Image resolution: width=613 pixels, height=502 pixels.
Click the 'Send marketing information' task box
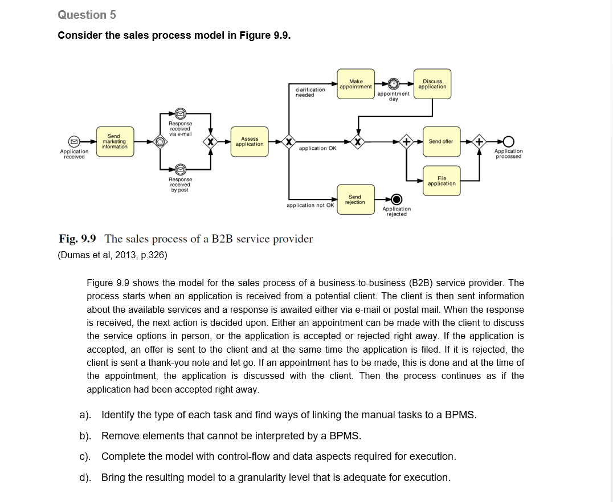coord(114,141)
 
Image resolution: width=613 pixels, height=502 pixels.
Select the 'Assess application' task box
coord(250,141)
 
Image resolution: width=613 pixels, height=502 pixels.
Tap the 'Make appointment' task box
coord(355,84)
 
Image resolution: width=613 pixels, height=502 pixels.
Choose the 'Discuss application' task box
coord(432,84)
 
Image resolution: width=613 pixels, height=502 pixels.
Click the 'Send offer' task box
coord(441,141)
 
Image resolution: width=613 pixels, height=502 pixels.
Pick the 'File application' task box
coord(442,181)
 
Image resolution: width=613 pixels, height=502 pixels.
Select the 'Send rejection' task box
coord(355,199)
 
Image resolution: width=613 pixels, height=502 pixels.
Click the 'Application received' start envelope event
coord(73,141)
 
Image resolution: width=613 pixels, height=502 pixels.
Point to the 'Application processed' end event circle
coord(508,141)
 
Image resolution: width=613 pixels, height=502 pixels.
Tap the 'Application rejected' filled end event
coord(397,199)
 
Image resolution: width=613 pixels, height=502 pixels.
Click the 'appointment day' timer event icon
coord(393,84)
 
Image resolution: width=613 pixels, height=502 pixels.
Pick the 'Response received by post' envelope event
coord(180,169)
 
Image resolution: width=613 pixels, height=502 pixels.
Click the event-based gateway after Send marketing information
coord(160,141)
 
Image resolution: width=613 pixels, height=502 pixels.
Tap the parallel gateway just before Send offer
coord(406,141)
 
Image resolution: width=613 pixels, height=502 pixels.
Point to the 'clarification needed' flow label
coord(310,92)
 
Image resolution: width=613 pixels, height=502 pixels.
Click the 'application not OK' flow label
coord(310,205)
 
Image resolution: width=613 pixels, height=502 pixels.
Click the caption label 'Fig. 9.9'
coord(77,239)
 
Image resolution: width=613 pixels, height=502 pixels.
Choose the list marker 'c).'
coord(85,456)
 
